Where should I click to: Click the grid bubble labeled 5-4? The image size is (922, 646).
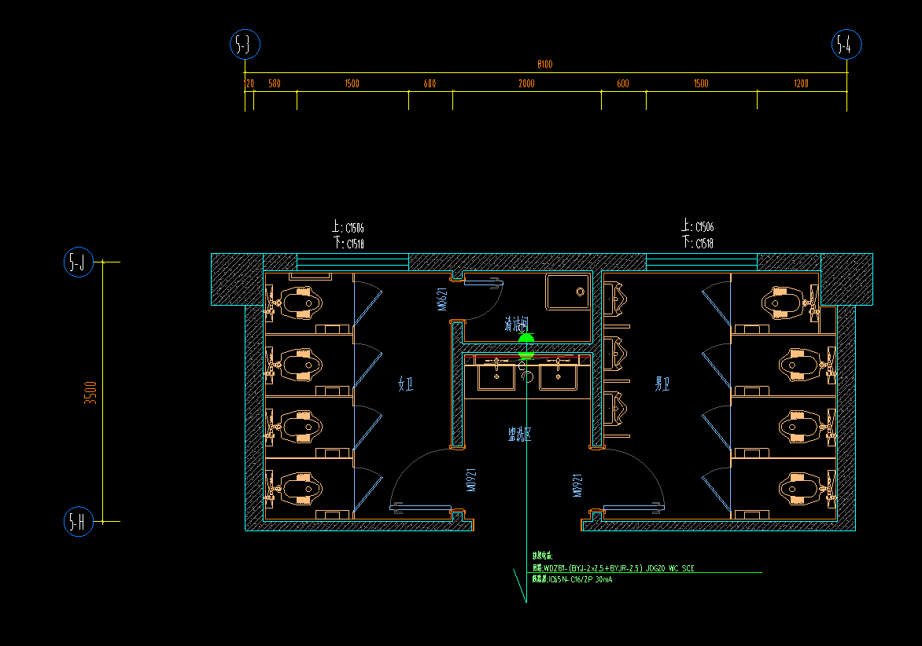click(846, 46)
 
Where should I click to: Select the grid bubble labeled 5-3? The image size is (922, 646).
click(245, 46)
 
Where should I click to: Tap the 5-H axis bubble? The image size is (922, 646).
click(78, 521)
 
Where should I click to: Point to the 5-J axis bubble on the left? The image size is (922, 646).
click(78, 262)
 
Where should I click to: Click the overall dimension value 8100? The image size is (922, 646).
click(544, 64)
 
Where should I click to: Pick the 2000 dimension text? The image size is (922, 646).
click(526, 84)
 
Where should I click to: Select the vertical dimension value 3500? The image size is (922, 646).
click(91, 391)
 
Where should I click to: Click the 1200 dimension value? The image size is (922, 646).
click(801, 84)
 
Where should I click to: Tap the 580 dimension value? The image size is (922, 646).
click(274, 84)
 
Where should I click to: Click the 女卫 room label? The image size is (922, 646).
click(406, 384)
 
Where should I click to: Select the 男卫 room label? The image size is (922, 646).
click(662, 384)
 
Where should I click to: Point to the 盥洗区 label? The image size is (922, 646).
click(519, 433)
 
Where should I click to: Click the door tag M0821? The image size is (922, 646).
click(443, 299)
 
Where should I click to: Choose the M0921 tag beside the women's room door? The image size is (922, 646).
click(471, 479)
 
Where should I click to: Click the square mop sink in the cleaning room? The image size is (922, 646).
click(568, 292)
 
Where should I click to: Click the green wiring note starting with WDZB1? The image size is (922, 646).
click(613, 567)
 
